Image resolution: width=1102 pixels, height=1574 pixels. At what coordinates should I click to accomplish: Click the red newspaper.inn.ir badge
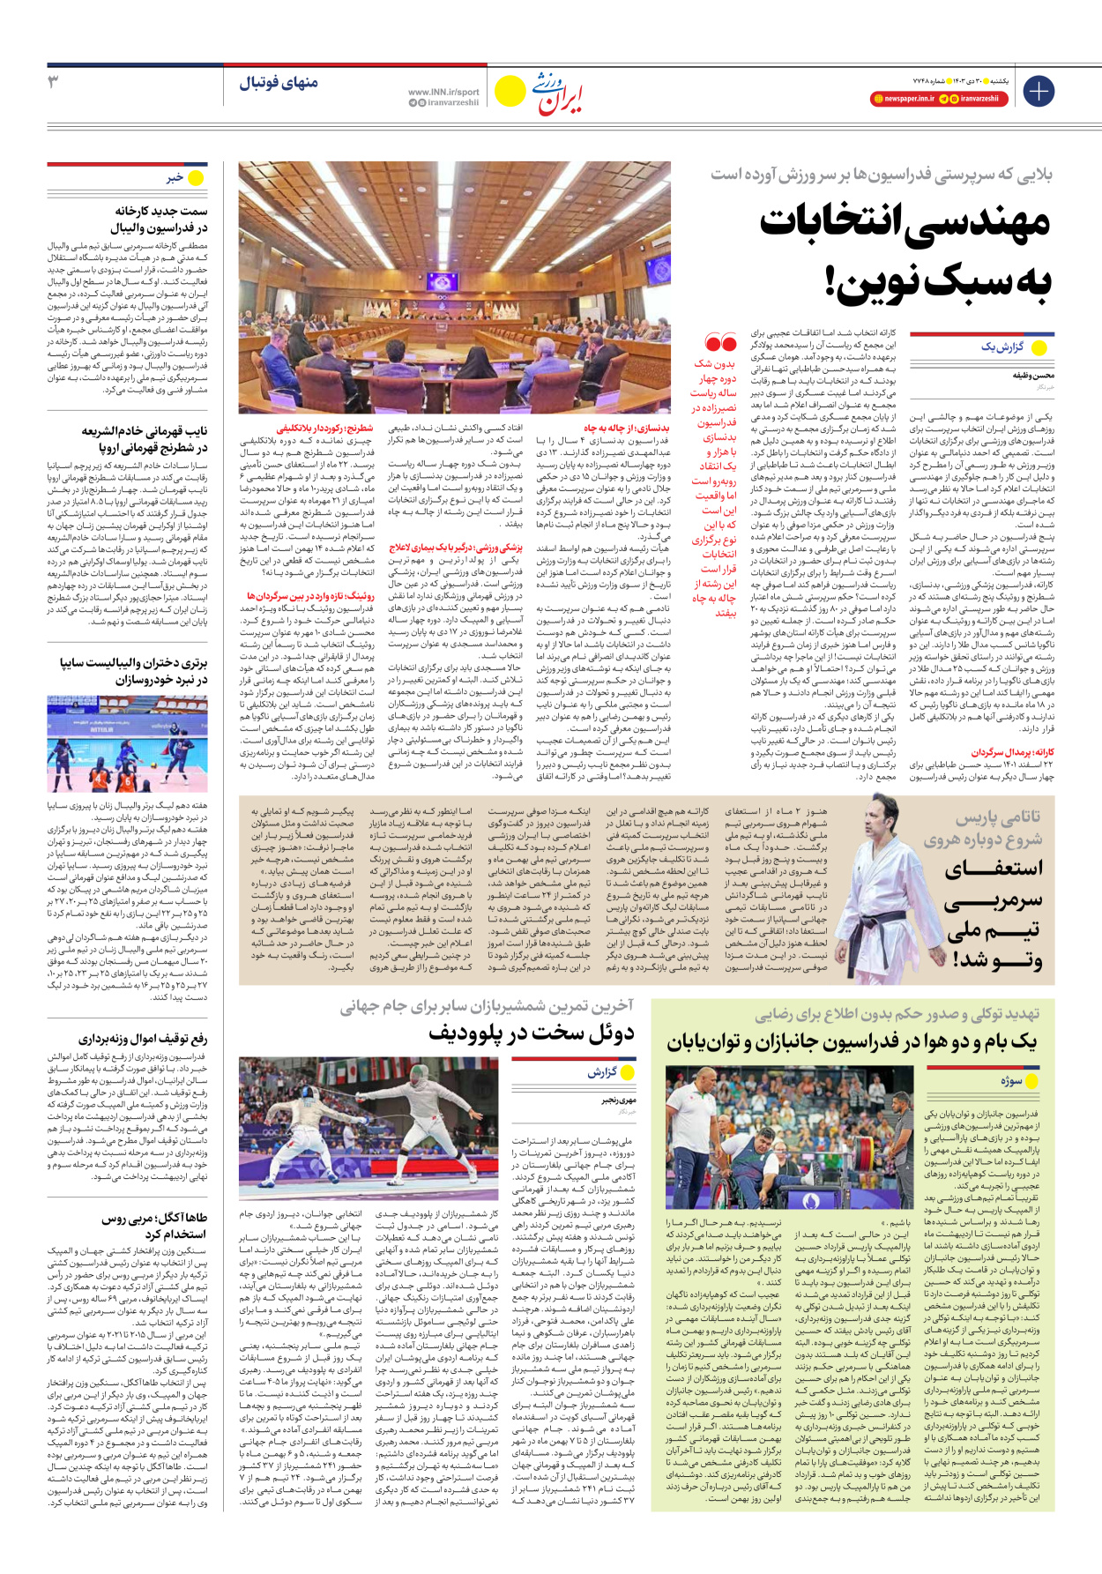[x=903, y=99]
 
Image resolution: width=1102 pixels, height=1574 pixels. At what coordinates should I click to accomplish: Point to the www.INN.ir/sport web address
[x=443, y=92]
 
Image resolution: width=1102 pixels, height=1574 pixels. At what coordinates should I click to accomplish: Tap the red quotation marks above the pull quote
[x=720, y=342]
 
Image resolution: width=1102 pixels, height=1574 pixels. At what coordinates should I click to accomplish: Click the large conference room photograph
[x=454, y=287]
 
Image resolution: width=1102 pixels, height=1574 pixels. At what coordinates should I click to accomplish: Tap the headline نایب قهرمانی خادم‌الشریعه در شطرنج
[x=145, y=439]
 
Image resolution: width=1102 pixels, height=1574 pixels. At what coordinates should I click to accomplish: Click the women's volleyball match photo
[x=128, y=743]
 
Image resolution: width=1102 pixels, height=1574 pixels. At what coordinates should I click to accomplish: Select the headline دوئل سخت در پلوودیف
[x=532, y=1033]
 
